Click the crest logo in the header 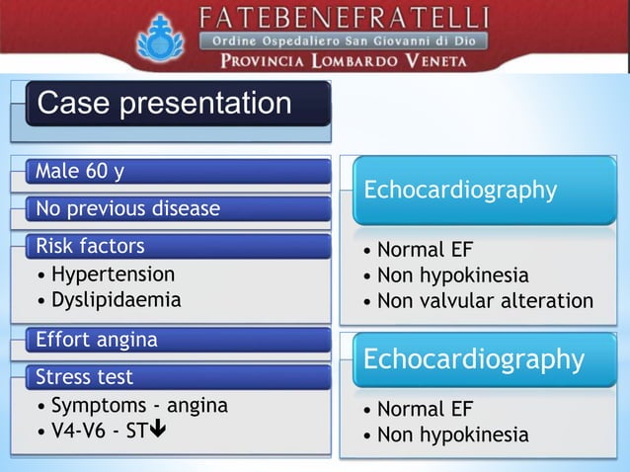(x=154, y=37)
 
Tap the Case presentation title (x=164, y=104)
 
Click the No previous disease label (x=127, y=209)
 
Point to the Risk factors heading (x=90, y=246)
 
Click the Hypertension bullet (x=113, y=274)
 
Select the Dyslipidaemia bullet (x=116, y=298)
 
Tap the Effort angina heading (x=96, y=340)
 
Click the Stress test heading (x=84, y=377)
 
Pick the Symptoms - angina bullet (x=138, y=405)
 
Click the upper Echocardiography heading (x=460, y=190)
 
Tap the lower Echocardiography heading (x=473, y=358)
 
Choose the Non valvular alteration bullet (x=485, y=301)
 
